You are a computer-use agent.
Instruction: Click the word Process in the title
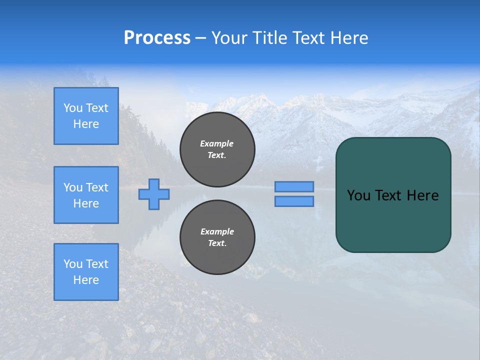point(157,37)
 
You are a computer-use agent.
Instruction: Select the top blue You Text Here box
point(86,116)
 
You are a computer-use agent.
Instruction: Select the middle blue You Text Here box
point(86,195)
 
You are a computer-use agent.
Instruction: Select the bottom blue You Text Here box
point(86,272)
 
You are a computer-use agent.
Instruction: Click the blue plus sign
point(154,194)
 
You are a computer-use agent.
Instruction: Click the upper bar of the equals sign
point(294,186)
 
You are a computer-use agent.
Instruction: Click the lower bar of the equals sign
point(294,201)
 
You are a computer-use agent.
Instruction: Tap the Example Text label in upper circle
point(217,149)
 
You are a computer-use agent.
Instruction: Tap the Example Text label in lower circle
point(217,237)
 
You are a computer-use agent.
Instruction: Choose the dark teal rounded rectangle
point(393,220)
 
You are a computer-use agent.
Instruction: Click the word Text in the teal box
point(389,195)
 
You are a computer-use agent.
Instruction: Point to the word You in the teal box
point(358,195)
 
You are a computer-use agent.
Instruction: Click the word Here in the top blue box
point(86,124)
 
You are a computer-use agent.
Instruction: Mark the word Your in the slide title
point(229,37)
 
